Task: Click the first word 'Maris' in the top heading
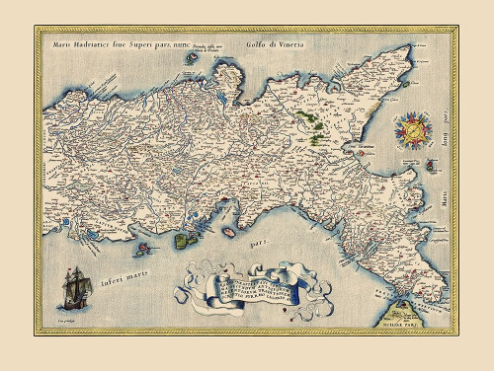pos(55,45)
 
